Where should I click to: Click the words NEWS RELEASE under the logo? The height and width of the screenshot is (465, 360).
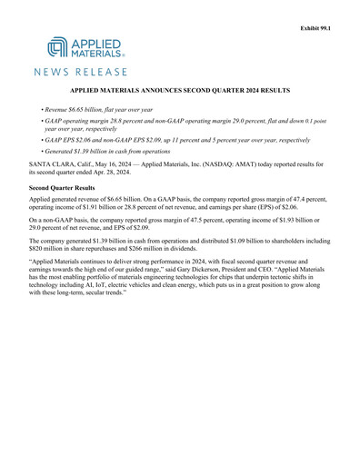(x=81, y=71)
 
